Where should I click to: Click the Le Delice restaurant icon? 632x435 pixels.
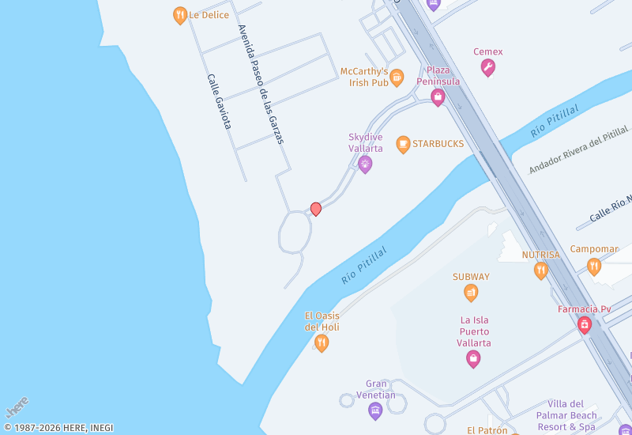tap(180, 15)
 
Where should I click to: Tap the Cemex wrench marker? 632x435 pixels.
tap(488, 68)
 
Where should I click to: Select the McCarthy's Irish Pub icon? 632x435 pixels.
tap(397, 78)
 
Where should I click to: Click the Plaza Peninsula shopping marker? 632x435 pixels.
tap(438, 97)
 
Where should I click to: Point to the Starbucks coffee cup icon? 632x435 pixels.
tap(403, 144)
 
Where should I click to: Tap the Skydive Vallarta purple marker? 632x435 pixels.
tap(365, 164)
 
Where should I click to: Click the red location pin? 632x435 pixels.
tap(316, 209)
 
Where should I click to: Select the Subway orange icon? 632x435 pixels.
tap(471, 293)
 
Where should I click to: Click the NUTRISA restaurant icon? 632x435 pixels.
tap(541, 270)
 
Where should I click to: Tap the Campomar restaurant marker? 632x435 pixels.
tap(594, 266)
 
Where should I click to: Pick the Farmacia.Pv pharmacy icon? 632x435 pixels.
tap(585, 325)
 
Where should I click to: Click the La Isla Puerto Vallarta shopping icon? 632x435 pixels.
tap(473, 359)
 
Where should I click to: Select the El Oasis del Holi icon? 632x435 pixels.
tap(322, 342)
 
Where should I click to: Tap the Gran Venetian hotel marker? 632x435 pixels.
tap(375, 410)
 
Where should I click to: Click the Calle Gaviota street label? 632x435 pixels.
tap(219, 101)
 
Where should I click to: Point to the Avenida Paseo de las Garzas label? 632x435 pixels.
tap(261, 84)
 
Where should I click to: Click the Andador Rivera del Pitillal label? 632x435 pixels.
tap(578, 149)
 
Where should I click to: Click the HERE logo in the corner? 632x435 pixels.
tap(17, 407)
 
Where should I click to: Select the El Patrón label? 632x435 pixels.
tap(487, 430)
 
